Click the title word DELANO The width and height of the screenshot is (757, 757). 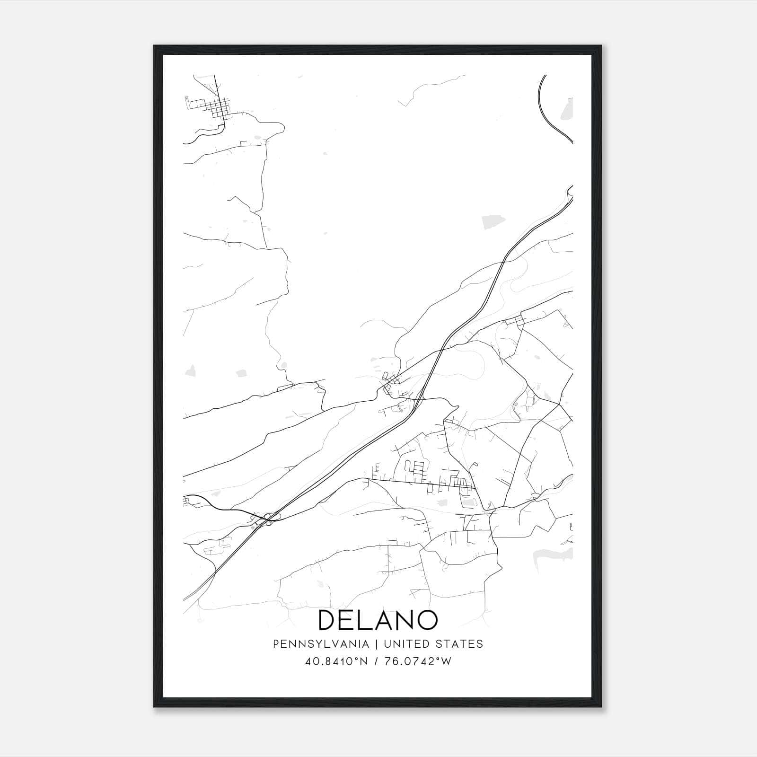(378, 620)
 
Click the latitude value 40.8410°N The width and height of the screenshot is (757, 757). (337, 661)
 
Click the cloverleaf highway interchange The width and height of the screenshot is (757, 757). (270, 519)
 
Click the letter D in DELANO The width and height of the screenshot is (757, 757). (327, 620)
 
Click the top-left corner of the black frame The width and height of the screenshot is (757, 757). (154, 46)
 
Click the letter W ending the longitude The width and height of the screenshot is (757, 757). (447, 661)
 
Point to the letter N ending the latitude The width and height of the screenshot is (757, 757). (363, 661)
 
